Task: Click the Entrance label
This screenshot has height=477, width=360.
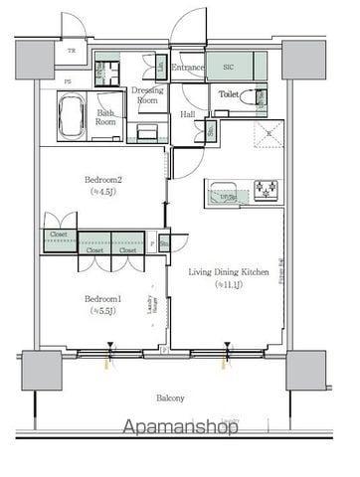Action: pyautogui.click(x=187, y=68)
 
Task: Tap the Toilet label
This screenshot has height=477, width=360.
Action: pyautogui.click(x=228, y=94)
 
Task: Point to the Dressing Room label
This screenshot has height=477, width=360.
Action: pyautogui.click(x=148, y=95)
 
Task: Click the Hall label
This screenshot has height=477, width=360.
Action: pyautogui.click(x=187, y=114)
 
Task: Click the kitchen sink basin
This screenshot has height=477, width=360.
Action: pyautogui.click(x=222, y=188)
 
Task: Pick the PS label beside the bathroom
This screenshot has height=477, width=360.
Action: pyautogui.click(x=39, y=82)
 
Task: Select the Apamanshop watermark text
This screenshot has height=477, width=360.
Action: pyautogui.click(x=179, y=428)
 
